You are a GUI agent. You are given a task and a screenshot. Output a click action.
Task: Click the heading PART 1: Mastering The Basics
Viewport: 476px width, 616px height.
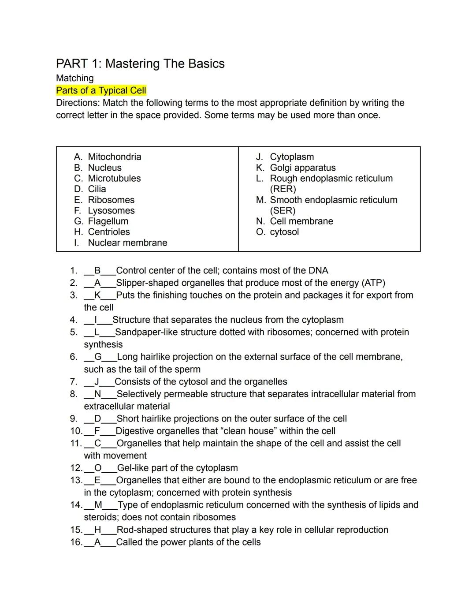coord(140,64)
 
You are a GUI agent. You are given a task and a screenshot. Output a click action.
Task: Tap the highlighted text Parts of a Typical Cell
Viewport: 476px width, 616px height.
coord(101,91)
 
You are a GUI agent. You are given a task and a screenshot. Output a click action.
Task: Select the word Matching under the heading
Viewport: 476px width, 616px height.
coord(75,78)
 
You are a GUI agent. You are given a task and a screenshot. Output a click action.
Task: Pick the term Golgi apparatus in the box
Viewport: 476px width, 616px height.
coord(302,168)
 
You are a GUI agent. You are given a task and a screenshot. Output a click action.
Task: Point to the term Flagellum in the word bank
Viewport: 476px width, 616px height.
coord(108,221)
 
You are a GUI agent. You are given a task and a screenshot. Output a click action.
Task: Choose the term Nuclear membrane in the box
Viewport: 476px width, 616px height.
coord(127,243)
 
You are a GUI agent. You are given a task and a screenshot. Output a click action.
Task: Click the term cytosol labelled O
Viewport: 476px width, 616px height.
coord(284,232)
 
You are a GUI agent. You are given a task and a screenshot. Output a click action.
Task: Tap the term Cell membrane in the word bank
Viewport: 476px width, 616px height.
coord(301,221)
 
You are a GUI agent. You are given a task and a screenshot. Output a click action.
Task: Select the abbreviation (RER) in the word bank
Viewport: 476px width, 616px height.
coord(283,189)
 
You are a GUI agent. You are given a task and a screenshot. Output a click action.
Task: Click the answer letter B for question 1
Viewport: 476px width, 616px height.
coord(98,271)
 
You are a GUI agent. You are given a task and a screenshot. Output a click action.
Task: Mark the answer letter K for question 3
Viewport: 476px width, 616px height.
coord(98,295)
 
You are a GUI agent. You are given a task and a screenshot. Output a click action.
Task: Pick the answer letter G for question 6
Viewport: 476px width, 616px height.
coord(98,357)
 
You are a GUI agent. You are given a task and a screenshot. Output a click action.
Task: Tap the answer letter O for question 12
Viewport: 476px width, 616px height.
coord(98,468)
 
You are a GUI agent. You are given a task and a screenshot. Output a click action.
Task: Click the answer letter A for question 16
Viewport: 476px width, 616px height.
coord(97,542)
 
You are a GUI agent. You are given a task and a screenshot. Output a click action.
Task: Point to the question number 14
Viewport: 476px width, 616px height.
coord(75,505)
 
